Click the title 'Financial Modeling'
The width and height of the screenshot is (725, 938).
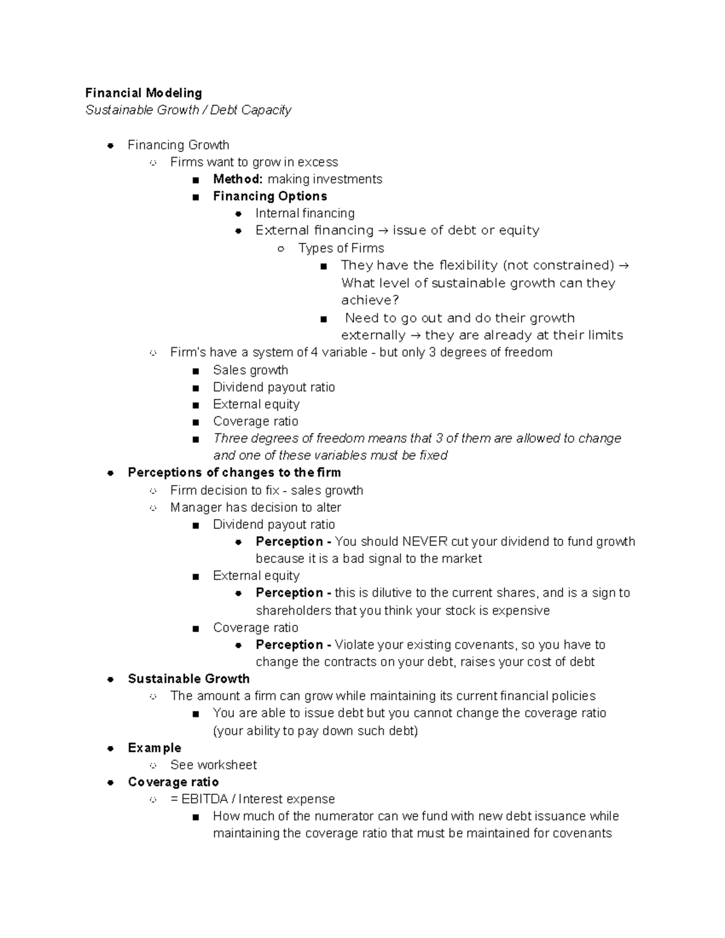(x=143, y=93)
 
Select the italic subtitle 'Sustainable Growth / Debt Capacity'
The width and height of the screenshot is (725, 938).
(x=188, y=110)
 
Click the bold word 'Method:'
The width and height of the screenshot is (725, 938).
(x=237, y=179)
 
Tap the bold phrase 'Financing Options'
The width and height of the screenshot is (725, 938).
(x=269, y=196)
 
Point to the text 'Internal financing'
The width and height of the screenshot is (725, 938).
(x=304, y=213)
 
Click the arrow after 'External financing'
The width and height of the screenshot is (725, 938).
(x=383, y=231)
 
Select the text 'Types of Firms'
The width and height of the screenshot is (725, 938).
(x=341, y=248)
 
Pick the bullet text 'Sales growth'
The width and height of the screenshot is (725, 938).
(x=250, y=370)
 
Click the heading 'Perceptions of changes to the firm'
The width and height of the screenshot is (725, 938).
(x=234, y=472)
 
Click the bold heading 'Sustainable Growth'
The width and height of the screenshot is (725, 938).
(x=188, y=679)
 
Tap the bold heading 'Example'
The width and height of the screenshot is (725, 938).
(x=154, y=748)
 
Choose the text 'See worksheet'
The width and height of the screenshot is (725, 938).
(x=213, y=765)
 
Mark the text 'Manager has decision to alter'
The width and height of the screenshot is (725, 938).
(x=256, y=507)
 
